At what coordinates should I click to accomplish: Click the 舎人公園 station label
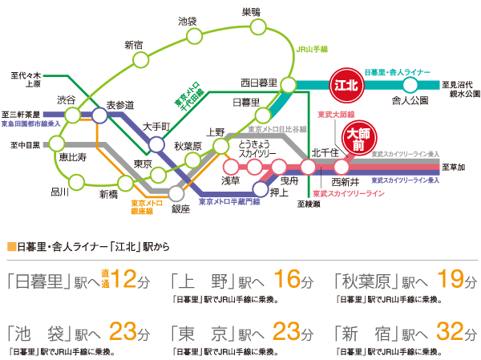[410, 100]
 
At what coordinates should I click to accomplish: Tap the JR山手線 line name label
[313, 49]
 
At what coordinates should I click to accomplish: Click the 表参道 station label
[120, 105]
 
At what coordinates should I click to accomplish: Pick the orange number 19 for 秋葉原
[453, 281]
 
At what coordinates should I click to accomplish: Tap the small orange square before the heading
[9, 245]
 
